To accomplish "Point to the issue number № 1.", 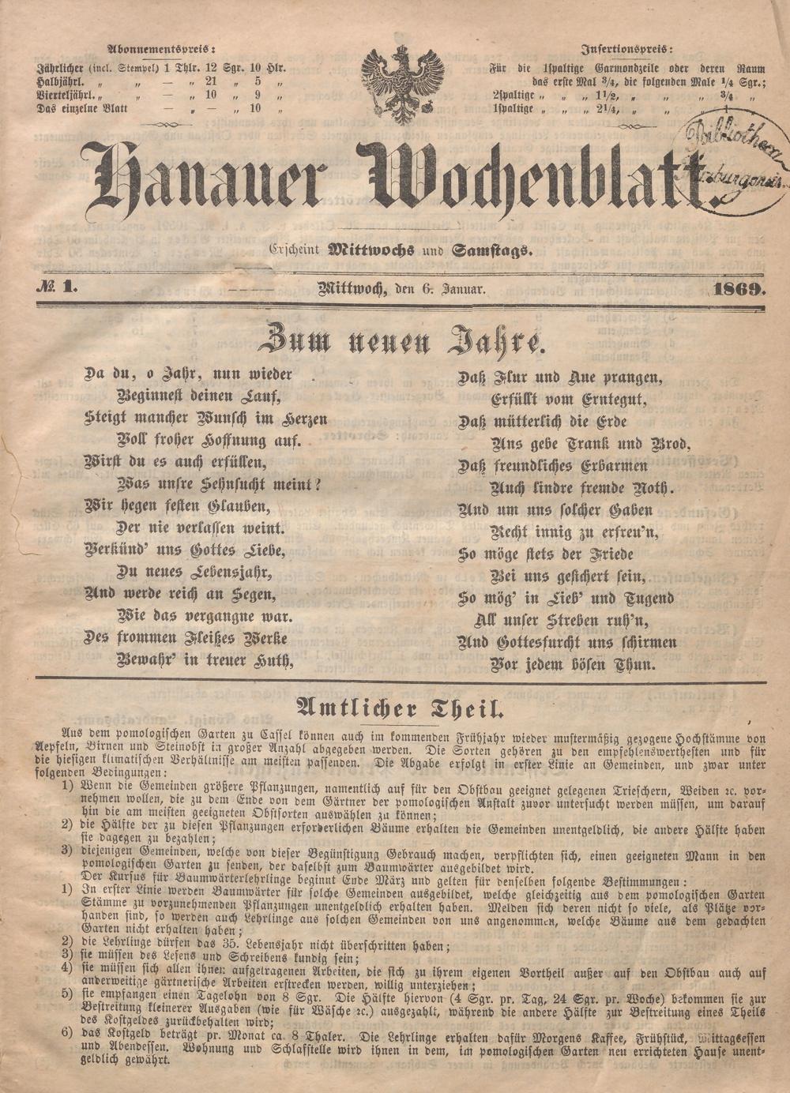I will (55, 289).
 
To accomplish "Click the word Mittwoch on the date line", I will (350, 290).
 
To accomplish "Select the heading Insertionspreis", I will (627, 47).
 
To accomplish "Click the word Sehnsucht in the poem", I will (235, 484).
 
